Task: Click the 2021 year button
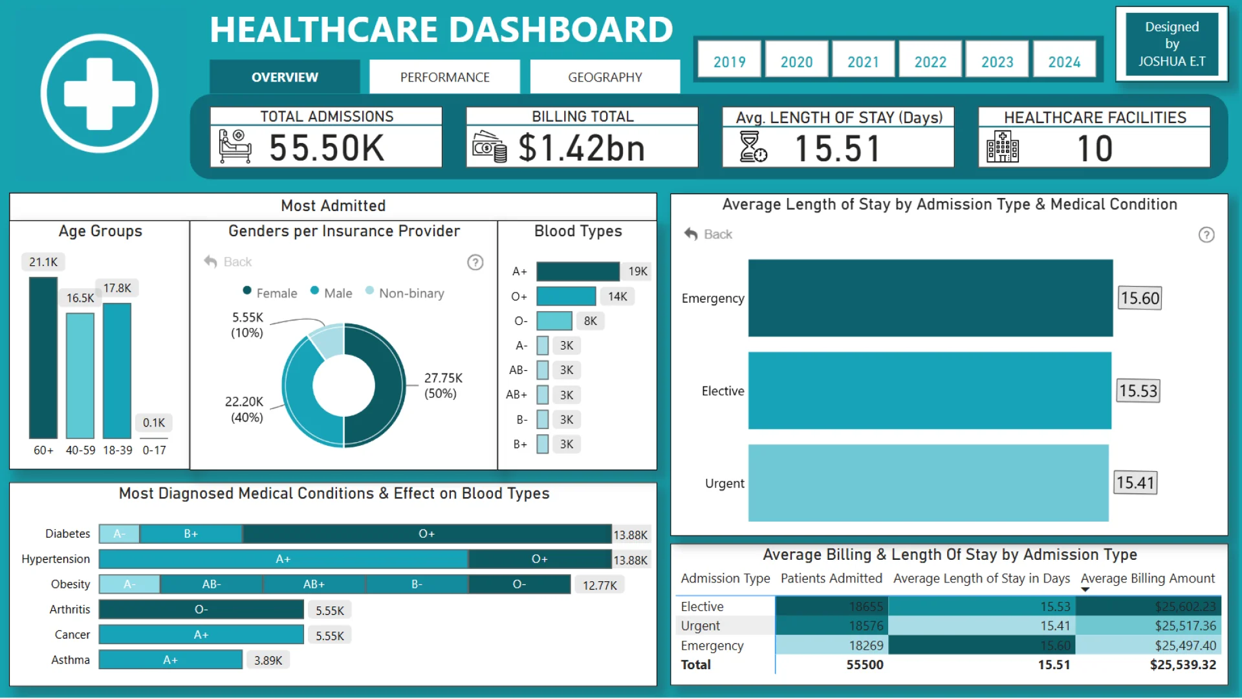tap(863, 61)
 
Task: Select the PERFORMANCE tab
tap(444, 77)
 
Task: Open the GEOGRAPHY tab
tap(605, 77)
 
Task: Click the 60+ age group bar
tap(43, 357)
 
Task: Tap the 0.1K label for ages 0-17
tap(154, 423)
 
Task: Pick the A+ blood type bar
tap(578, 271)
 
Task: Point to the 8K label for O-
tap(590, 321)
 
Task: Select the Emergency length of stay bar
tap(930, 298)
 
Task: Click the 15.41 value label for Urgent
tap(1135, 483)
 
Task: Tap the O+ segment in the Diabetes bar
tap(427, 534)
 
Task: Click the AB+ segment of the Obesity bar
tap(314, 584)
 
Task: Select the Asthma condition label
tap(71, 660)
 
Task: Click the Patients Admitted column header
tap(831, 579)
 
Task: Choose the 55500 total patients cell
tap(865, 665)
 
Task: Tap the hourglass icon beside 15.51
tap(753, 146)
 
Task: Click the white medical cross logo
tap(100, 94)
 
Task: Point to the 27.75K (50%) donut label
tap(443, 386)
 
